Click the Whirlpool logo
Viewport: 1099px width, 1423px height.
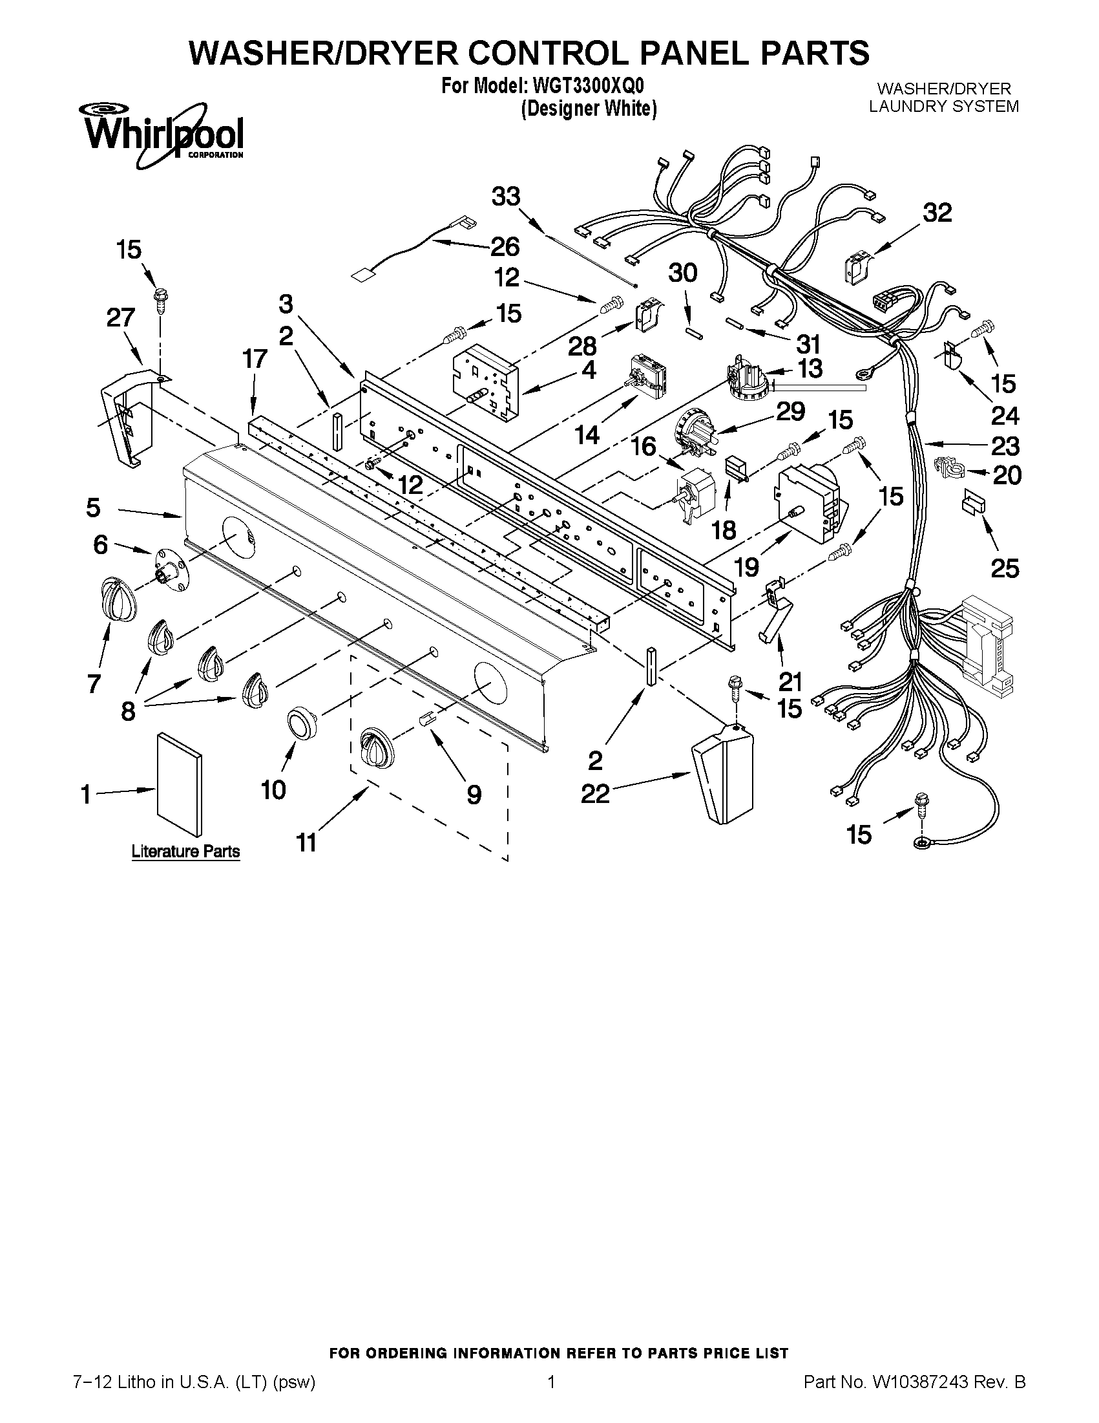161,134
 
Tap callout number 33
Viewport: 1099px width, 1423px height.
506,196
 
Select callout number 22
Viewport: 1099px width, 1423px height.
595,793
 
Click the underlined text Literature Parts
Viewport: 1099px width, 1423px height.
185,851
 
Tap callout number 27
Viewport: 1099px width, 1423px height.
120,318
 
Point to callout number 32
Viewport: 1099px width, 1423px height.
937,213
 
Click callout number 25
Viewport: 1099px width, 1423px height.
1005,568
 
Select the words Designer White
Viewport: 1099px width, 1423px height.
589,109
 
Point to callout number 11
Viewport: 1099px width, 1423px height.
306,842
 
